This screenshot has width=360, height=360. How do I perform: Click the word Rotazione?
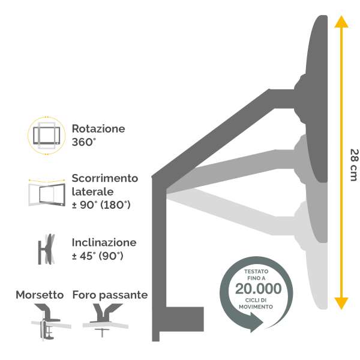pyautogui.click(x=98, y=128)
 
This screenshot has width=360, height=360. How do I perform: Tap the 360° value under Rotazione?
pyautogui.click(x=83, y=142)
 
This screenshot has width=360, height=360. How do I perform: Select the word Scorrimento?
pyautogui.click(x=105, y=178)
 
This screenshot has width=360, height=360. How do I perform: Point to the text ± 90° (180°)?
pyautogui.click(x=101, y=205)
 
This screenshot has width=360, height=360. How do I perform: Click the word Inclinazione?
pyautogui.click(x=104, y=242)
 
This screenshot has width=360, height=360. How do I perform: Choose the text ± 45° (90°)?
pyautogui.click(x=98, y=256)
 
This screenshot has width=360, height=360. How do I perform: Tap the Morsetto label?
pyautogui.click(x=40, y=295)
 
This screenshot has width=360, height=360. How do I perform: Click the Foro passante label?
pyautogui.click(x=110, y=295)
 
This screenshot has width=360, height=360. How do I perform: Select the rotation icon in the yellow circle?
pyautogui.click(x=47, y=135)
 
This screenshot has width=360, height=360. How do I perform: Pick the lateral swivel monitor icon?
pyautogui.click(x=47, y=193)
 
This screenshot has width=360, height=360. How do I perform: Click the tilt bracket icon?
pyautogui.click(x=46, y=249)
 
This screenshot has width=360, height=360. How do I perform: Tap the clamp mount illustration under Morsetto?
pyautogui.click(x=49, y=322)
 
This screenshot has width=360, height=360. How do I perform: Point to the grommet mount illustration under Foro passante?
pyautogui.click(x=106, y=320)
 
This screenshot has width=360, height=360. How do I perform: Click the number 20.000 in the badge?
pyautogui.click(x=258, y=289)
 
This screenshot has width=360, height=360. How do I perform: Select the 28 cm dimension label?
pyautogui.click(x=354, y=165)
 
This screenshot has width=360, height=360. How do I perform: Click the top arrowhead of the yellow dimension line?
pyautogui.click(x=341, y=22)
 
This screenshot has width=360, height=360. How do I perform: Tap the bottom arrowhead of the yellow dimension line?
pyautogui.click(x=341, y=303)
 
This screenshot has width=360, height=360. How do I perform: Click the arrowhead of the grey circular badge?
pyautogui.click(x=256, y=322)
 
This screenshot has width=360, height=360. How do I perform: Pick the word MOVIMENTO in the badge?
pyautogui.click(x=256, y=307)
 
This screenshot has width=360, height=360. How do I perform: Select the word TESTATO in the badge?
pyautogui.click(x=256, y=271)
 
